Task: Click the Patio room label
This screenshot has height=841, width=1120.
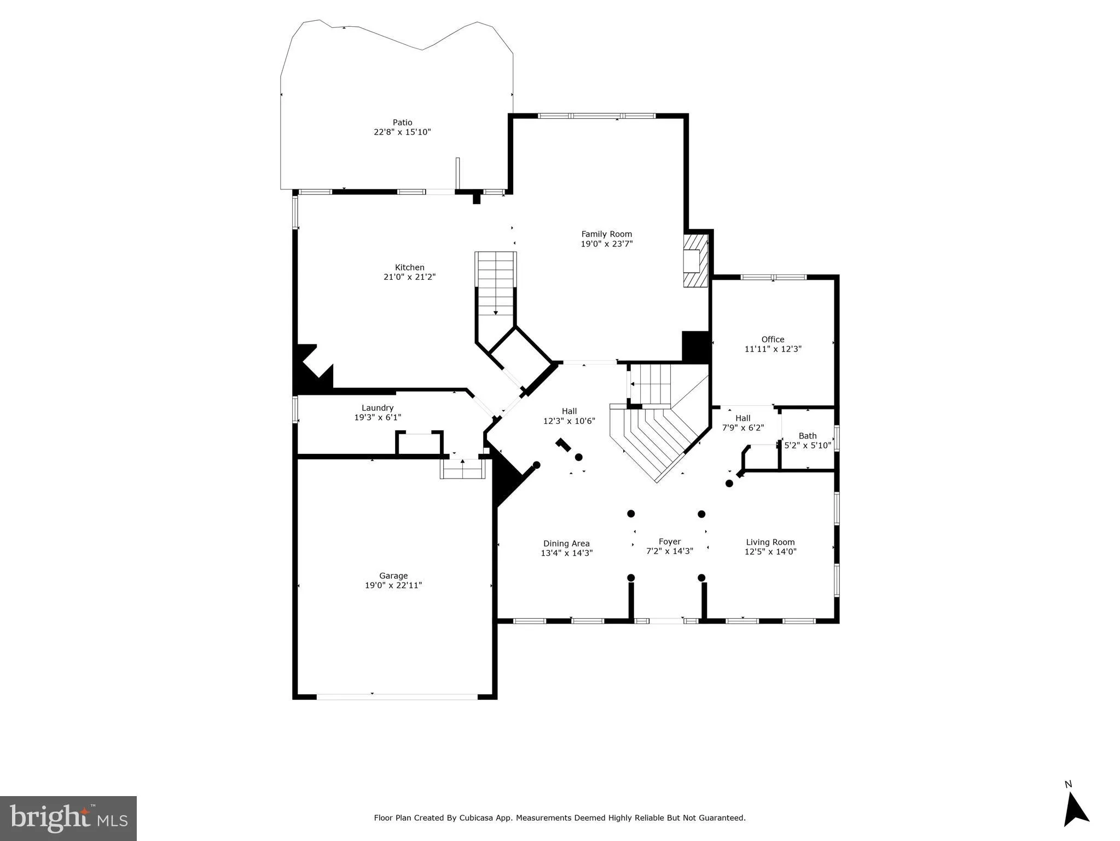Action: pyautogui.click(x=402, y=123)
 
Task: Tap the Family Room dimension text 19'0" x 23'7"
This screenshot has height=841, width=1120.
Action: pyautogui.click(x=606, y=244)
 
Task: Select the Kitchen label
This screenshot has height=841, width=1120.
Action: pyautogui.click(x=410, y=268)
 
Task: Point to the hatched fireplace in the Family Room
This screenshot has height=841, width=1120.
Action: pyautogui.click(x=695, y=261)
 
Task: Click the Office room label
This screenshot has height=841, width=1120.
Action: pyautogui.click(x=773, y=339)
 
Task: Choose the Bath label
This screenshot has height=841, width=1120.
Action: pyautogui.click(x=808, y=436)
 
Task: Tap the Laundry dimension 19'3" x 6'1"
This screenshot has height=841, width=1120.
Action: pyautogui.click(x=378, y=418)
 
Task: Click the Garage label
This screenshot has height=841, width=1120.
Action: pyautogui.click(x=393, y=576)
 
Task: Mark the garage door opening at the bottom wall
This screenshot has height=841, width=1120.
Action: pyautogui.click(x=397, y=696)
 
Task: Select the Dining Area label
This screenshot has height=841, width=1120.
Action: pyautogui.click(x=566, y=544)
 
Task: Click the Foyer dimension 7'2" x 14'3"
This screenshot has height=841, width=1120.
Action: pyautogui.click(x=670, y=551)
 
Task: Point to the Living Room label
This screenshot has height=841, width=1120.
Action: pyautogui.click(x=770, y=543)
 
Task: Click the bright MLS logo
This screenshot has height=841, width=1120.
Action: pyautogui.click(x=68, y=818)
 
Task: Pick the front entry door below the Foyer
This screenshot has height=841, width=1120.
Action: pyautogui.click(x=666, y=621)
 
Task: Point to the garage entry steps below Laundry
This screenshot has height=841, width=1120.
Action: pyautogui.click(x=463, y=470)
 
